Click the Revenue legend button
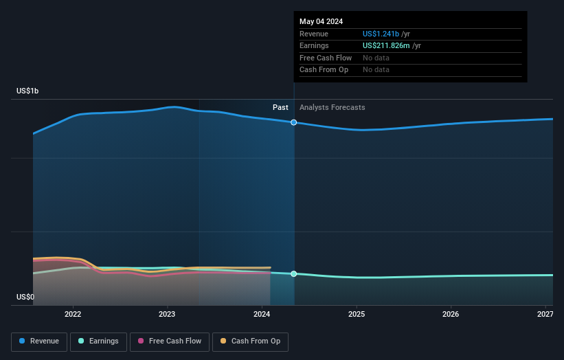pyautogui.click(x=39, y=341)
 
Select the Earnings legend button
pyautogui.click(x=98, y=341)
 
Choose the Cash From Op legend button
pyautogui.click(x=250, y=341)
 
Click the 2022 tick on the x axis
pyautogui.click(x=73, y=314)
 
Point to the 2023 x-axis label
pyautogui.click(x=167, y=314)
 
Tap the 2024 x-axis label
pyautogui.click(x=262, y=314)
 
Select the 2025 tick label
pyautogui.click(x=356, y=314)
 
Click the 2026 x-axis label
pyautogui.click(x=451, y=314)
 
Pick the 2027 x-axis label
pyautogui.click(x=545, y=314)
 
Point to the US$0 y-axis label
pyautogui.click(x=25, y=297)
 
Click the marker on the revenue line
pyautogui.click(x=294, y=122)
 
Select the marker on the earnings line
pyautogui.click(x=294, y=273)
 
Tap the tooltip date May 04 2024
pyautogui.click(x=321, y=21)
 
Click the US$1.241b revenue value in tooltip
pyautogui.click(x=386, y=34)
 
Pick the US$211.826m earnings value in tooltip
pyautogui.click(x=390, y=45)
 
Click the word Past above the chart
pyautogui.click(x=280, y=107)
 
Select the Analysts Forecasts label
pyautogui.click(x=332, y=107)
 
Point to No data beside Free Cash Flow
pyautogui.click(x=376, y=58)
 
